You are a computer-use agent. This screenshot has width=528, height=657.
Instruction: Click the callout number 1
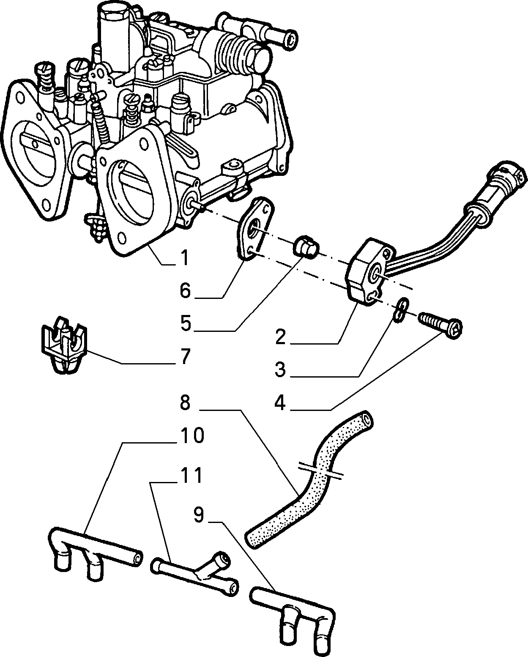point(184,257)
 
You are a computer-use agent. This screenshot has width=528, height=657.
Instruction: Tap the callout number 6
point(185,290)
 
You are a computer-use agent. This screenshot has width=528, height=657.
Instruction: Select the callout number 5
point(185,323)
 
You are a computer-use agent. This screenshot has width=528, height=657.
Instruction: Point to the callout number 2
point(280,337)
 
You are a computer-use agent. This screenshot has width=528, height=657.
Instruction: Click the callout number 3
point(280,369)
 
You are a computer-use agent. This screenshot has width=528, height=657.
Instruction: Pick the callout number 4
point(280,402)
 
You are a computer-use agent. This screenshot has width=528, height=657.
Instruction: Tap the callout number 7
point(185,356)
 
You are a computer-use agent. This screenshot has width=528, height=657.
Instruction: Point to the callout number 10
point(192,435)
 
